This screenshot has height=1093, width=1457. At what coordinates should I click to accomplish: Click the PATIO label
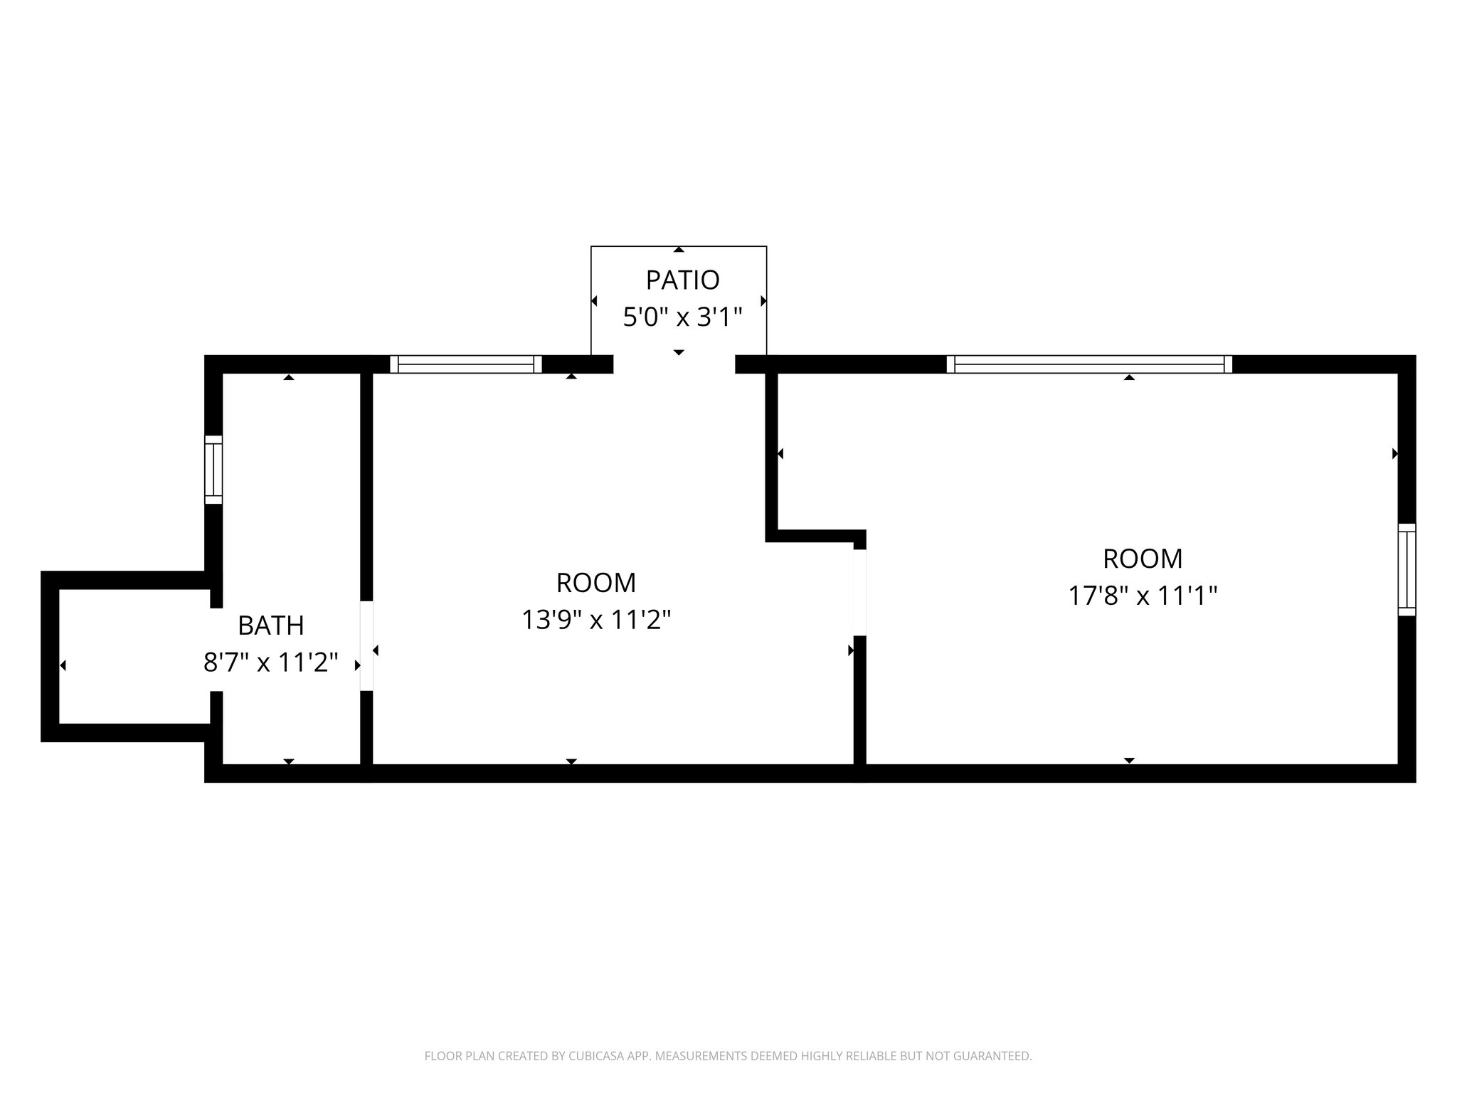tap(682, 280)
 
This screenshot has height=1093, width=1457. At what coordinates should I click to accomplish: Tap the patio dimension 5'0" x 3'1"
tap(682, 317)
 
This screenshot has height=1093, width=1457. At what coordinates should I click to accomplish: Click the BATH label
tap(270, 625)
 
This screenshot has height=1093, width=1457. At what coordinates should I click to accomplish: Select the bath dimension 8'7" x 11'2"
tap(270, 662)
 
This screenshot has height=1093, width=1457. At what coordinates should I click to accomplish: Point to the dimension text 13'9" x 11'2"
tap(596, 620)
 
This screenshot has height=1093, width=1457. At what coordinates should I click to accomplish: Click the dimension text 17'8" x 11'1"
tap(1143, 596)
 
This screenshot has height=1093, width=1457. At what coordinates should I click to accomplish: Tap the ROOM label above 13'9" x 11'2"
tap(596, 583)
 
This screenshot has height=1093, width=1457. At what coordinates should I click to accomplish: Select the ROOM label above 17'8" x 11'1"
tap(1143, 559)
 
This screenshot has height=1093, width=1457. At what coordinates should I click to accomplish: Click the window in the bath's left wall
tap(213, 470)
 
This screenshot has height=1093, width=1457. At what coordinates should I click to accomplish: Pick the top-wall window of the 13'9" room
tap(466, 364)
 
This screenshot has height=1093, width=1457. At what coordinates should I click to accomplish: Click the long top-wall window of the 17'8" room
tap(1089, 364)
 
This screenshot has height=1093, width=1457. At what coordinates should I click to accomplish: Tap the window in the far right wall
tap(1406, 570)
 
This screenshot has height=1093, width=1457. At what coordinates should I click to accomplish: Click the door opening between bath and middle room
tap(366, 646)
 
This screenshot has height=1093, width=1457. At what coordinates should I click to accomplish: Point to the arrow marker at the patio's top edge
tap(679, 250)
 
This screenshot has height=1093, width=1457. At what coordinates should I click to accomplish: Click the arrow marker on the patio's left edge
tap(594, 301)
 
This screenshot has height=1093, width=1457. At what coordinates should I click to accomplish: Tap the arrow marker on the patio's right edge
tap(763, 301)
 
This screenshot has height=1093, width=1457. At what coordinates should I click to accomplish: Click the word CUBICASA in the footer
tap(588, 1056)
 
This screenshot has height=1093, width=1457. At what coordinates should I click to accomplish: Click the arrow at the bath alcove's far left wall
tap(63, 665)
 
